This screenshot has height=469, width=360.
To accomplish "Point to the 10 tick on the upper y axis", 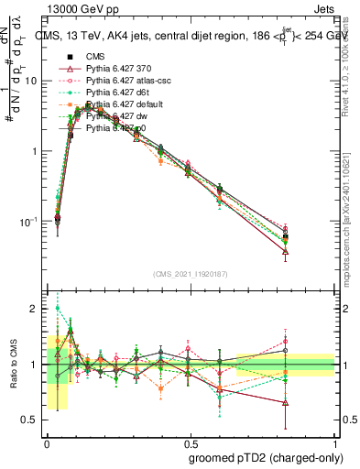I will [x=35, y=81].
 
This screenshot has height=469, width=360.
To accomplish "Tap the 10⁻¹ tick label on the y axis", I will [x=32, y=221].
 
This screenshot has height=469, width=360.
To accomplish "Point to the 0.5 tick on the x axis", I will [x=191, y=442].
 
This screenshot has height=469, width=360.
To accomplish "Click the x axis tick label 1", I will [x=334, y=442].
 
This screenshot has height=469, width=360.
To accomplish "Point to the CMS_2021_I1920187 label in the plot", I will [x=191, y=274].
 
